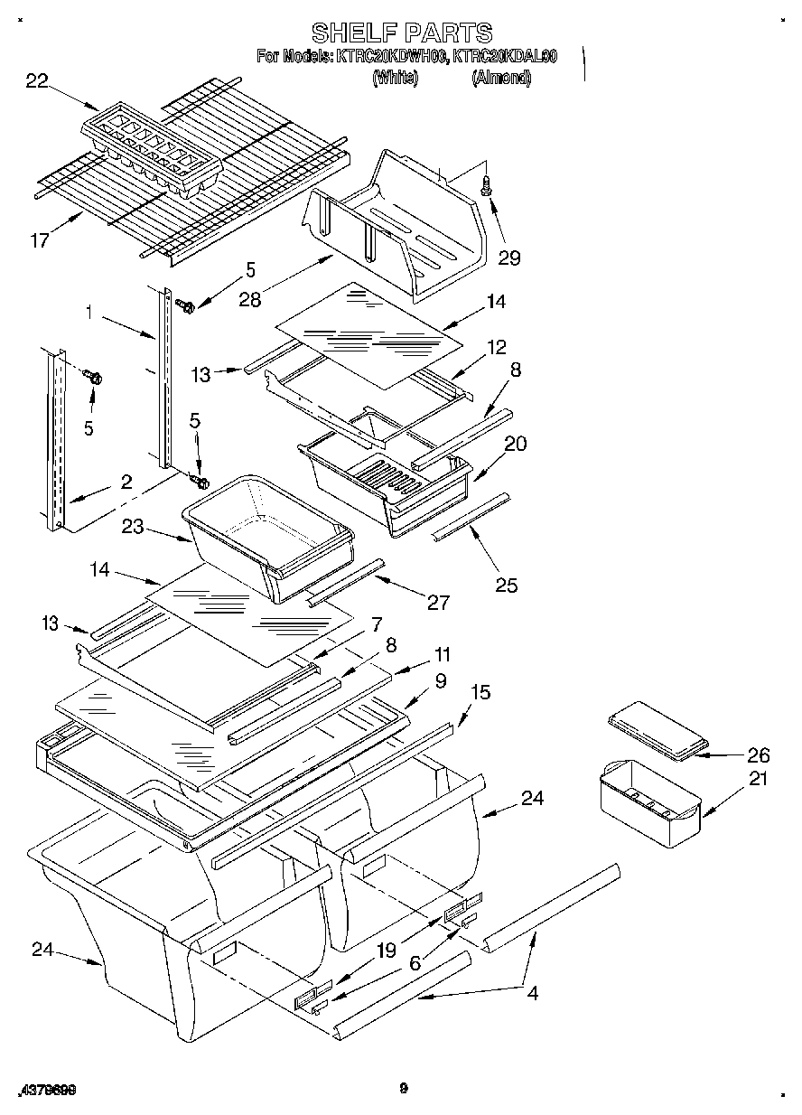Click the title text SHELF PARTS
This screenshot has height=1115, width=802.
pos(402,33)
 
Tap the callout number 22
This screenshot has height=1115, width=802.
pos(37,81)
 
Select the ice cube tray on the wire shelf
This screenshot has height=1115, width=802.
pos(152,149)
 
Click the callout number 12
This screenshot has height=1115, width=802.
pos(497,347)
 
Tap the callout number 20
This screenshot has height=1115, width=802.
pos(516,444)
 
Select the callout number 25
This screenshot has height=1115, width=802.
pos(507,585)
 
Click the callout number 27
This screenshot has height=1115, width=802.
pos(438,603)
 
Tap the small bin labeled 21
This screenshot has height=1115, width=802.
pos(650,802)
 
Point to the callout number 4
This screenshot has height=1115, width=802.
pos(532,993)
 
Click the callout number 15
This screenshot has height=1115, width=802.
pos(481,692)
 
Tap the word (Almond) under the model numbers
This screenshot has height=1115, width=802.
pos(501,79)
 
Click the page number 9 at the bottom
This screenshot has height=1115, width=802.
pos(403,1089)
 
